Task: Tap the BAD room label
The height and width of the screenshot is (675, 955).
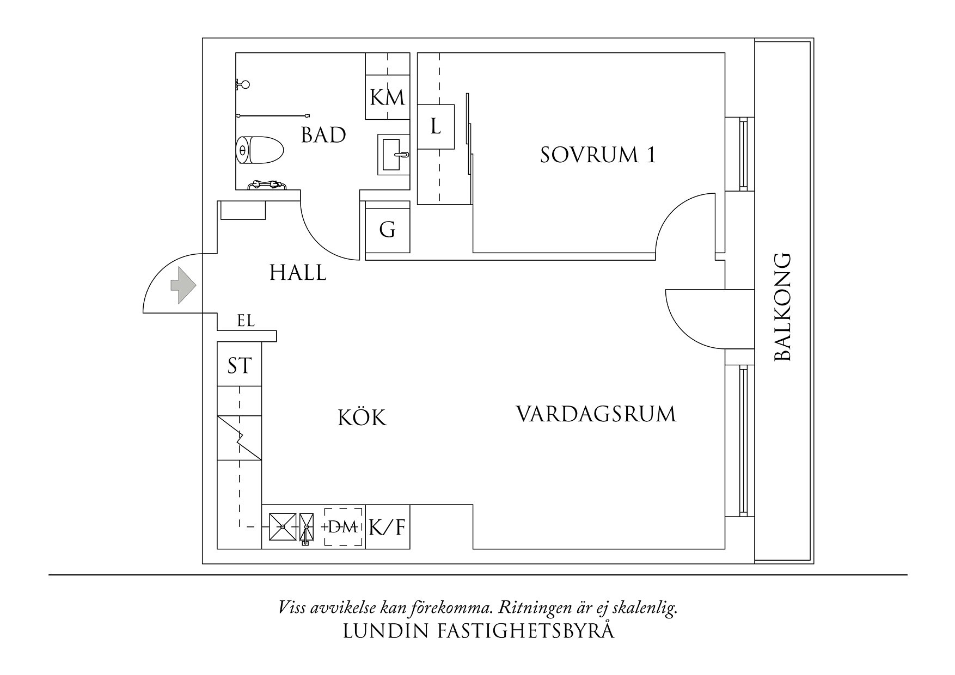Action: pyautogui.click(x=323, y=135)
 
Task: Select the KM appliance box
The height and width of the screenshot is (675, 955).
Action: pyautogui.click(x=387, y=97)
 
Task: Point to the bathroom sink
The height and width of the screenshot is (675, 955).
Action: pyautogui.click(x=394, y=155)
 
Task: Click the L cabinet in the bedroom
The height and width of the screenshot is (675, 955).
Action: pyautogui.click(x=436, y=126)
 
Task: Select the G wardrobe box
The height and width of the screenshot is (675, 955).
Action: pyautogui.click(x=387, y=230)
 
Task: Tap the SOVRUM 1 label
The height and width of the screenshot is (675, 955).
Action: pyautogui.click(x=597, y=155)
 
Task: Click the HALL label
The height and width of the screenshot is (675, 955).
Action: pyautogui.click(x=298, y=273)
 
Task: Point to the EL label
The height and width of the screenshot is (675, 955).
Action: pyautogui.click(x=246, y=321)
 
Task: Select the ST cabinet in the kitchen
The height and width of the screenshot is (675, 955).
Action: pyautogui.click(x=239, y=365)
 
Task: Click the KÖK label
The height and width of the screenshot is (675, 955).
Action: pyautogui.click(x=362, y=418)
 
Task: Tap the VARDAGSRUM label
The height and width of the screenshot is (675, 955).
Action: pyautogui.click(x=596, y=414)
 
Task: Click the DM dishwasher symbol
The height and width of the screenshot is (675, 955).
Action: pyautogui.click(x=344, y=527)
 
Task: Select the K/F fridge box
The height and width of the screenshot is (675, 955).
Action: pyautogui.click(x=388, y=527)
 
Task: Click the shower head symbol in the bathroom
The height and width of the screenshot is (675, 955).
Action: pyautogui.click(x=243, y=84)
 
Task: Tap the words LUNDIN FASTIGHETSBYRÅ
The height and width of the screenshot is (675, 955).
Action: pyautogui.click(x=478, y=631)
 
